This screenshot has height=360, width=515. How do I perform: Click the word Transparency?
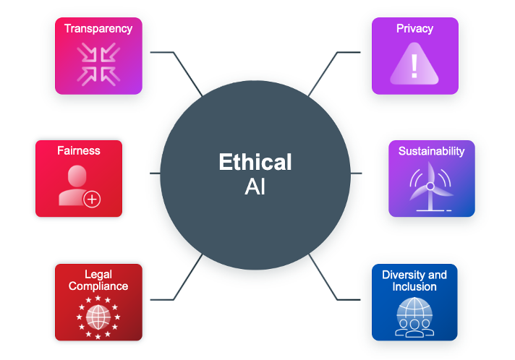98,29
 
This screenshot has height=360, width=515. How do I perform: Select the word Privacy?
414,29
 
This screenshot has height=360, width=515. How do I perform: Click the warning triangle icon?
414,66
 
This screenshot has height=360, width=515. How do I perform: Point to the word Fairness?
79,151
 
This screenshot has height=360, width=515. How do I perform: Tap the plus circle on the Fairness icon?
92,199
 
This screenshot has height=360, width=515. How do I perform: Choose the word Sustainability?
431,151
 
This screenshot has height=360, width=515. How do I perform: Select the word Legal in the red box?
98,275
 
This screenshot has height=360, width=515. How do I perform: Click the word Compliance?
98,286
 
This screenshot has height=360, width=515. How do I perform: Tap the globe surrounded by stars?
98,315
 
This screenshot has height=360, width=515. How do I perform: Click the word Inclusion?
414,286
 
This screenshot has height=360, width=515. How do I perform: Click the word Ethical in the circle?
255,162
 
